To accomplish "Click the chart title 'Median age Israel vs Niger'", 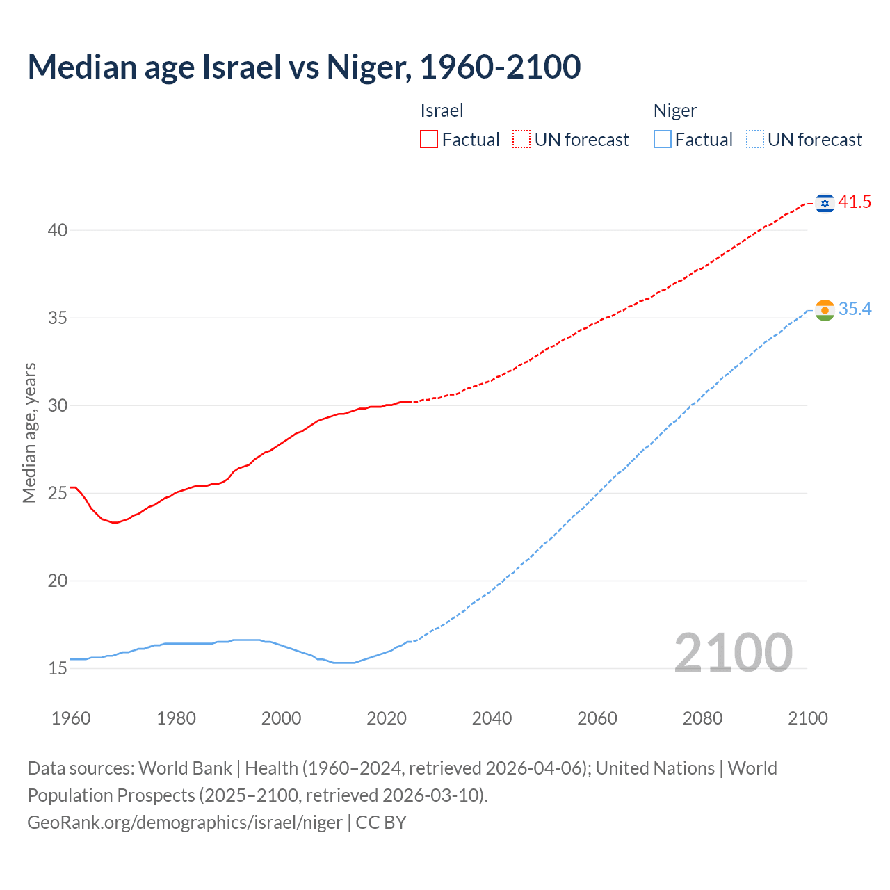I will (304, 67).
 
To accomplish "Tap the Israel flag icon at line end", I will (825, 203).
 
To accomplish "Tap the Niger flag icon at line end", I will (825, 310).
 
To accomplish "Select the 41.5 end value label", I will (855, 202).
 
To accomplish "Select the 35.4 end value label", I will (855, 309).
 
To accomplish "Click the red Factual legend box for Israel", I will (429, 140).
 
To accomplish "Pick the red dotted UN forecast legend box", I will (521, 140).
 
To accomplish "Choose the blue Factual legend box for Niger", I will (663, 140).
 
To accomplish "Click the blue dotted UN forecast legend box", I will (754, 140).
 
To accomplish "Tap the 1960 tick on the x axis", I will (71, 718).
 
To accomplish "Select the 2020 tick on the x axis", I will (387, 718).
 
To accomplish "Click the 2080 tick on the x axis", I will (702, 718).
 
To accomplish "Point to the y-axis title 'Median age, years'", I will (29, 432).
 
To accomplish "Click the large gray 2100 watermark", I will (733, 652).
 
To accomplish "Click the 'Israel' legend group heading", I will (442, 111).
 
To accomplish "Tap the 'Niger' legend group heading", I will (674, 111).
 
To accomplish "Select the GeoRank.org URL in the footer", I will (184, 823).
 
